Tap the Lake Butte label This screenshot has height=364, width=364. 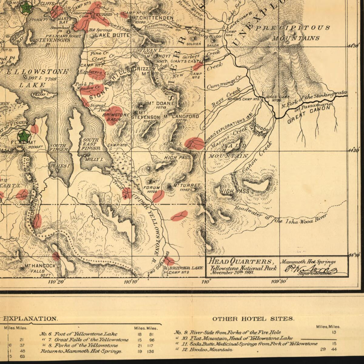click(x=113, y=35)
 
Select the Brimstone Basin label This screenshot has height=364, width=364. click(x=113, y=117)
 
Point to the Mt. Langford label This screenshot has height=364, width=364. click(x=181, y=116)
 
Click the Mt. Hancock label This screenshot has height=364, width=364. click(x=40, y=266)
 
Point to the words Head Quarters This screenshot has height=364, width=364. click(x=241, y=262)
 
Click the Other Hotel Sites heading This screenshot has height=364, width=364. click(x=253, y=319)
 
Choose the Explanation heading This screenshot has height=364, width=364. click(x=30, y=319)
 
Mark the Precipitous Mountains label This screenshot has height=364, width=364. click(x=293, y=33)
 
